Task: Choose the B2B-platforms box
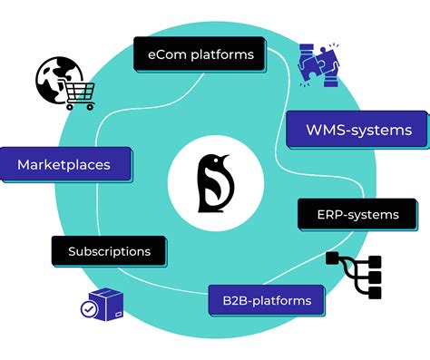click(259, 300)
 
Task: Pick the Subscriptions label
click(109, 250)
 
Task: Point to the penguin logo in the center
click(215, 182)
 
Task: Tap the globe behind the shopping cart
click(53, 79)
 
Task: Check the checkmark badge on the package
click(89, 309)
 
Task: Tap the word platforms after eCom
click(219, 55)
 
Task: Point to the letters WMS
click(321, 130)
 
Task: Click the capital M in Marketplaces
click(24, 165)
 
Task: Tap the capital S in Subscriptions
click(73, 250)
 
